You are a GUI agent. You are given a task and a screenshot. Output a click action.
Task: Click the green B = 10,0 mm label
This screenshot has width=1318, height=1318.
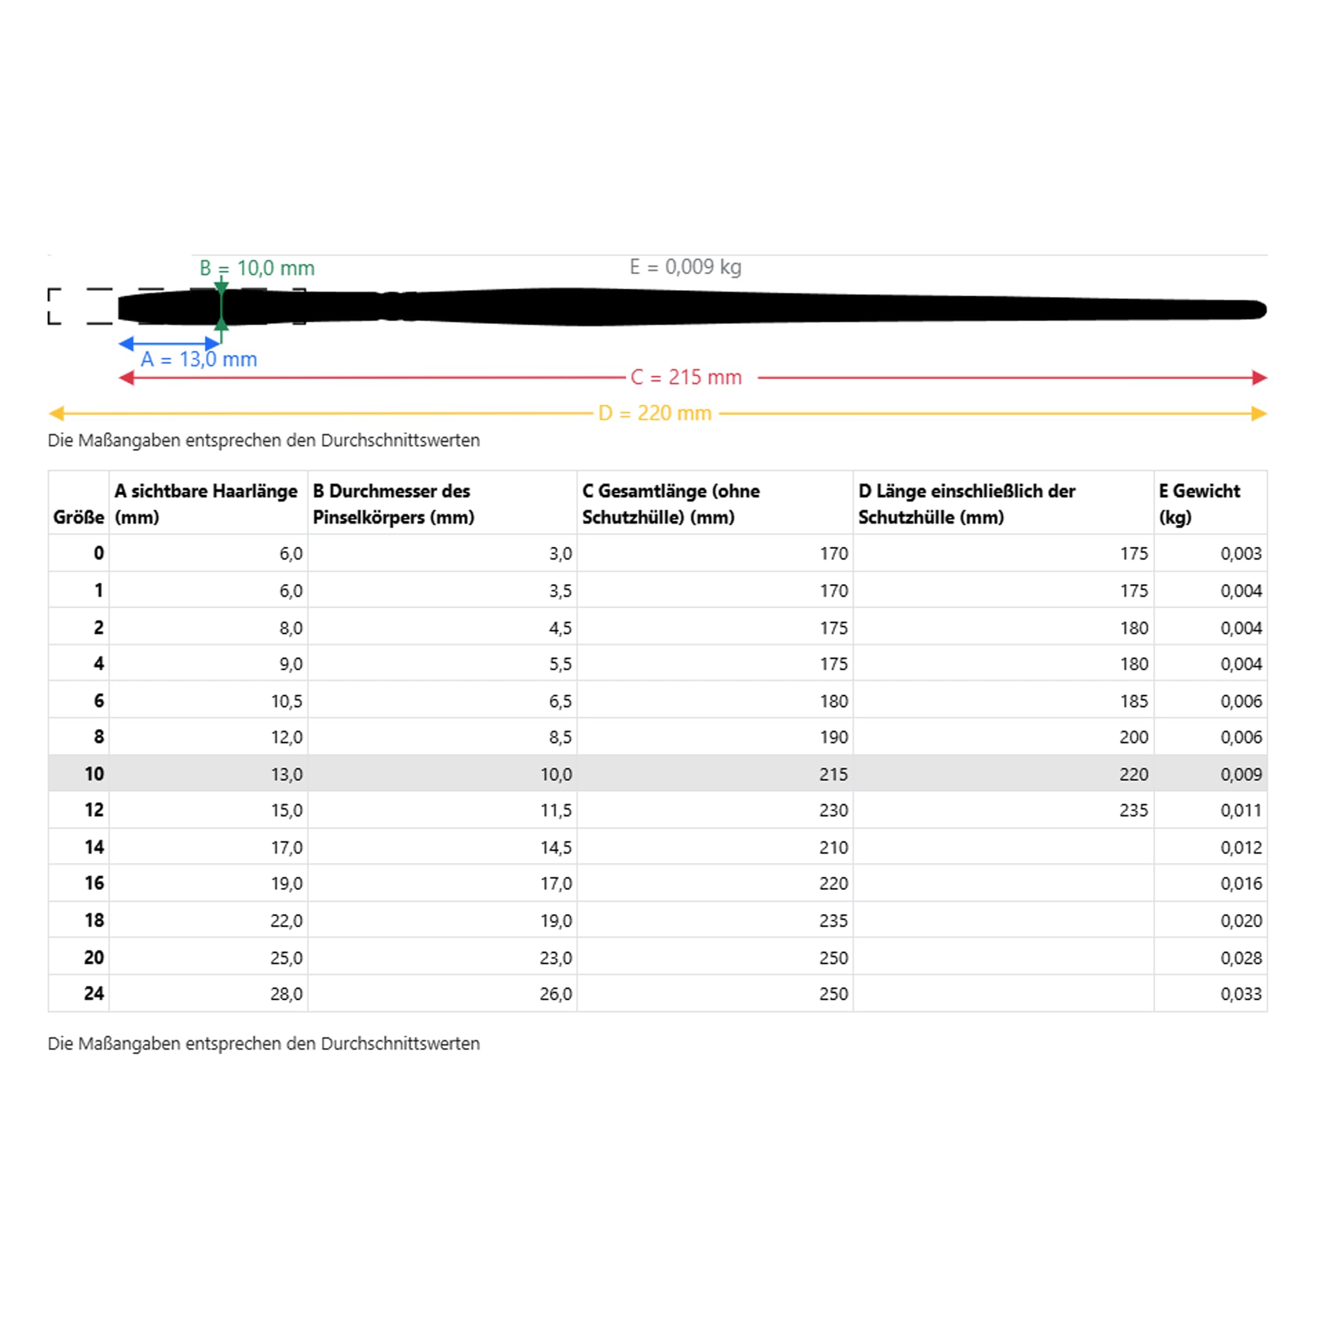pyautogui.click(x=257, y=268)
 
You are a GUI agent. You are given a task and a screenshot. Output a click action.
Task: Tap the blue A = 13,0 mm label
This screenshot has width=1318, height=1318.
pyautogui.click(x=198, y=359)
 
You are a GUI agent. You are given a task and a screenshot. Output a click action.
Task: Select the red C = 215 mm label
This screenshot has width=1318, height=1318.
pyautogui.click(x=685, y=377)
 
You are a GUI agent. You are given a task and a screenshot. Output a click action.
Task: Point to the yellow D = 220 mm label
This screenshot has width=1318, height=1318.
pyautogui.click(x=654, y=413)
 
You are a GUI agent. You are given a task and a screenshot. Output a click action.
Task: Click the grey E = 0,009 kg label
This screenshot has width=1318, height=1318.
pyautogui.click(x=685, y=266)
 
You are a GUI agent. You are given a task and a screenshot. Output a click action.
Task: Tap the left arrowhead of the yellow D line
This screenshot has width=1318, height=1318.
pyautogui.click(x=57, y=413)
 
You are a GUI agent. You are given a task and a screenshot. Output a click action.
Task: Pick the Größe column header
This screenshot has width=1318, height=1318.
pyautogui.click(x=79, y=517)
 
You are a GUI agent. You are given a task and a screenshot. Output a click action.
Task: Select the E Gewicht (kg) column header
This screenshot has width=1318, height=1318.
pyautogui.click(x=1199, y=504)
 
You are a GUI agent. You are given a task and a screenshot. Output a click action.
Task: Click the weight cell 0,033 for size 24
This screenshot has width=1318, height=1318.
pyautogui.click(x=1241, y=994)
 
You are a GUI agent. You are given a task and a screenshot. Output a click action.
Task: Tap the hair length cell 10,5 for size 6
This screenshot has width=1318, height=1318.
pyautogui.click(x=287, y=701)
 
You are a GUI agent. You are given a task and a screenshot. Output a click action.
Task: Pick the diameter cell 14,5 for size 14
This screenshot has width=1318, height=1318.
pyautogui.click(x=555, y=848)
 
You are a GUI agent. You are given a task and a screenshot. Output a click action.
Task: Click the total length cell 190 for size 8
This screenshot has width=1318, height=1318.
pyautogui.click(x=833, y=737)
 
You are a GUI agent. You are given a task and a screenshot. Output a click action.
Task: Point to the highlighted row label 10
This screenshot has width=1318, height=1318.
pyautogui.click(x=94, y=774)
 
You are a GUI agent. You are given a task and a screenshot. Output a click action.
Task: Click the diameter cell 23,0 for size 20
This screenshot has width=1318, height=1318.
pyautogui.click(x=555, y=958)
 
